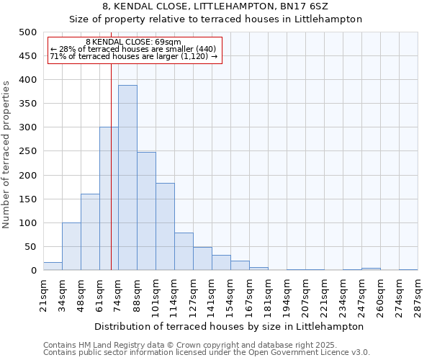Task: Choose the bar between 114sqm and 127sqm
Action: click(184, 251)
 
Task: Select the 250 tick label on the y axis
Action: click(27, 152)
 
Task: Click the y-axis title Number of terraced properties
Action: click(6, 154)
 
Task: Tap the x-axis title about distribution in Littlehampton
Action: click(230, 326)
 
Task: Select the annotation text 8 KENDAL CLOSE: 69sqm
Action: click(133, 42)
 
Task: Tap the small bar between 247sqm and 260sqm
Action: click(371, 269)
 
